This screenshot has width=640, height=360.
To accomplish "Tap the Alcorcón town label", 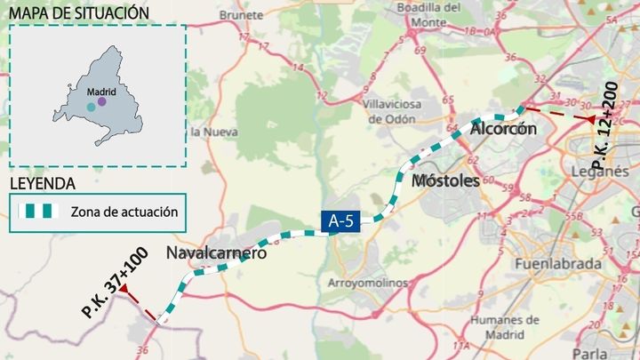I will point(503,129).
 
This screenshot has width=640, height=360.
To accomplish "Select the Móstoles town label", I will point(445,180).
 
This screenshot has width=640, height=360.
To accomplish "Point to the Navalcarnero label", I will point(217,253).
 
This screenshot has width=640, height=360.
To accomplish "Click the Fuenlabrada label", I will point(554,264).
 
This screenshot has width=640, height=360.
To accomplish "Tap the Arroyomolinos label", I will point(368,283).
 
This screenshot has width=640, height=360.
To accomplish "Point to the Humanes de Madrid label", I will point(499,327).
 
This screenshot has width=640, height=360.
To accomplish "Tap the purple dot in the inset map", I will point(101,101).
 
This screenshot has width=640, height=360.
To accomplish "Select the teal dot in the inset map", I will point(91,107).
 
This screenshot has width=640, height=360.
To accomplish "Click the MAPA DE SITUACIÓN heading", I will point(78,12).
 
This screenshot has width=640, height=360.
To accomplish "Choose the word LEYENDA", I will point(42,184).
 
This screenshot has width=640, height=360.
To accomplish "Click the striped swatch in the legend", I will point(40,212).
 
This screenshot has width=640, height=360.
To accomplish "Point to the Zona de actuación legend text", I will point(124,212).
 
